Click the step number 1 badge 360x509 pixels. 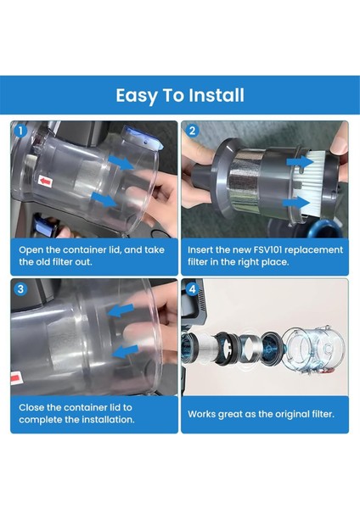pyautogui.click(x=21, y=131)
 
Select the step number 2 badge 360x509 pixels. pyautogui.click(x=192, y=131)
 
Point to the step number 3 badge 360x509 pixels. pyautogui.click(x=20, y=289)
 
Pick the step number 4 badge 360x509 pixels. pyautogui.click(x=193, y=289)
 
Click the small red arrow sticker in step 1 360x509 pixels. pyautogui.click(x=45, y=182)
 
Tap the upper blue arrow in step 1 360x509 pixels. pyautogui.click(x=121, y=162)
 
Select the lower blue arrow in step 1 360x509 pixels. pyautogui.click(x=104, y=199)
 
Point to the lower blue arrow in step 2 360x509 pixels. pyautogui.click(x=296, y=204)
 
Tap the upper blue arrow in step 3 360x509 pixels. pyautogui.click(x=121, y=310)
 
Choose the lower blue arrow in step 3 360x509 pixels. pyautogui.click(x=126, y=351)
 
